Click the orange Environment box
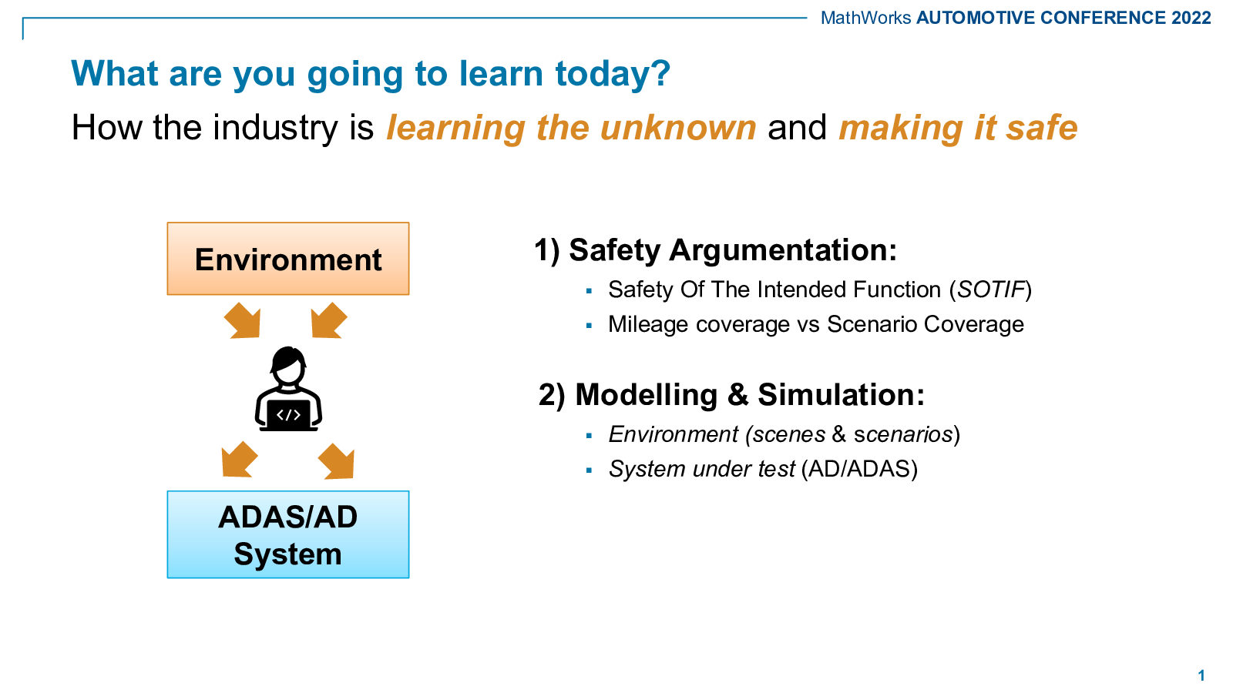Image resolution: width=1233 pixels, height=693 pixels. pos(288,259)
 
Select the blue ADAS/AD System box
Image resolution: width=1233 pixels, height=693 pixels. pos(288,534)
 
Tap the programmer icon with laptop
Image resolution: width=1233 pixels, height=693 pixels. pos(288,388)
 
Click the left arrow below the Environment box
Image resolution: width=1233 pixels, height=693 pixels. pos(243,320)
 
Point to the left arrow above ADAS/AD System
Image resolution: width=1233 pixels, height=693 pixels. pos(240,459)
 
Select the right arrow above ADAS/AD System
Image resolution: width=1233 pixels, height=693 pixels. pos(336,461)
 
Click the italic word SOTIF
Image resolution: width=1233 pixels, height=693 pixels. pos(991,290)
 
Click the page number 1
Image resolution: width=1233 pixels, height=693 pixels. pos(1201,675)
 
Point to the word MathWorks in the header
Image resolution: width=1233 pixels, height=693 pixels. pos(866,18)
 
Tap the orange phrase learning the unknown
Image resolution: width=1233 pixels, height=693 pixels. pos(571,128)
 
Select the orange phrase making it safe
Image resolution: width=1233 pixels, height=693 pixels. pos(958,128)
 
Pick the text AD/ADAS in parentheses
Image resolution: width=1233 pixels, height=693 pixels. pos(859,469)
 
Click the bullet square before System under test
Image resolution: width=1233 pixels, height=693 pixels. pos(589,470)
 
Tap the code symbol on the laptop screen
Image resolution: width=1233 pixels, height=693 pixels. pos(288,415)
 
